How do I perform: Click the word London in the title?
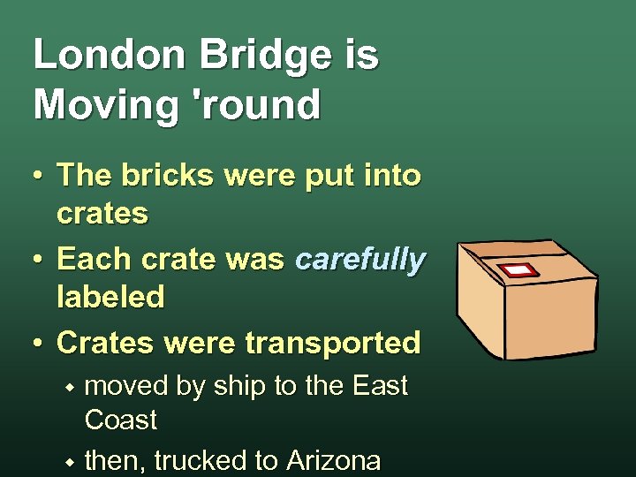pos(109,57)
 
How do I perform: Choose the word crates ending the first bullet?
pos(102,213)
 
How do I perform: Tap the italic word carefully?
pos(360,260)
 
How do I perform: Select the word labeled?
pos(110,298)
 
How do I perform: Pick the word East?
pos(380,386)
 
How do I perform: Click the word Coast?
pos(121,420)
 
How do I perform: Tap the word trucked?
pos(220,461)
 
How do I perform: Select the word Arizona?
pos(333,461)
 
